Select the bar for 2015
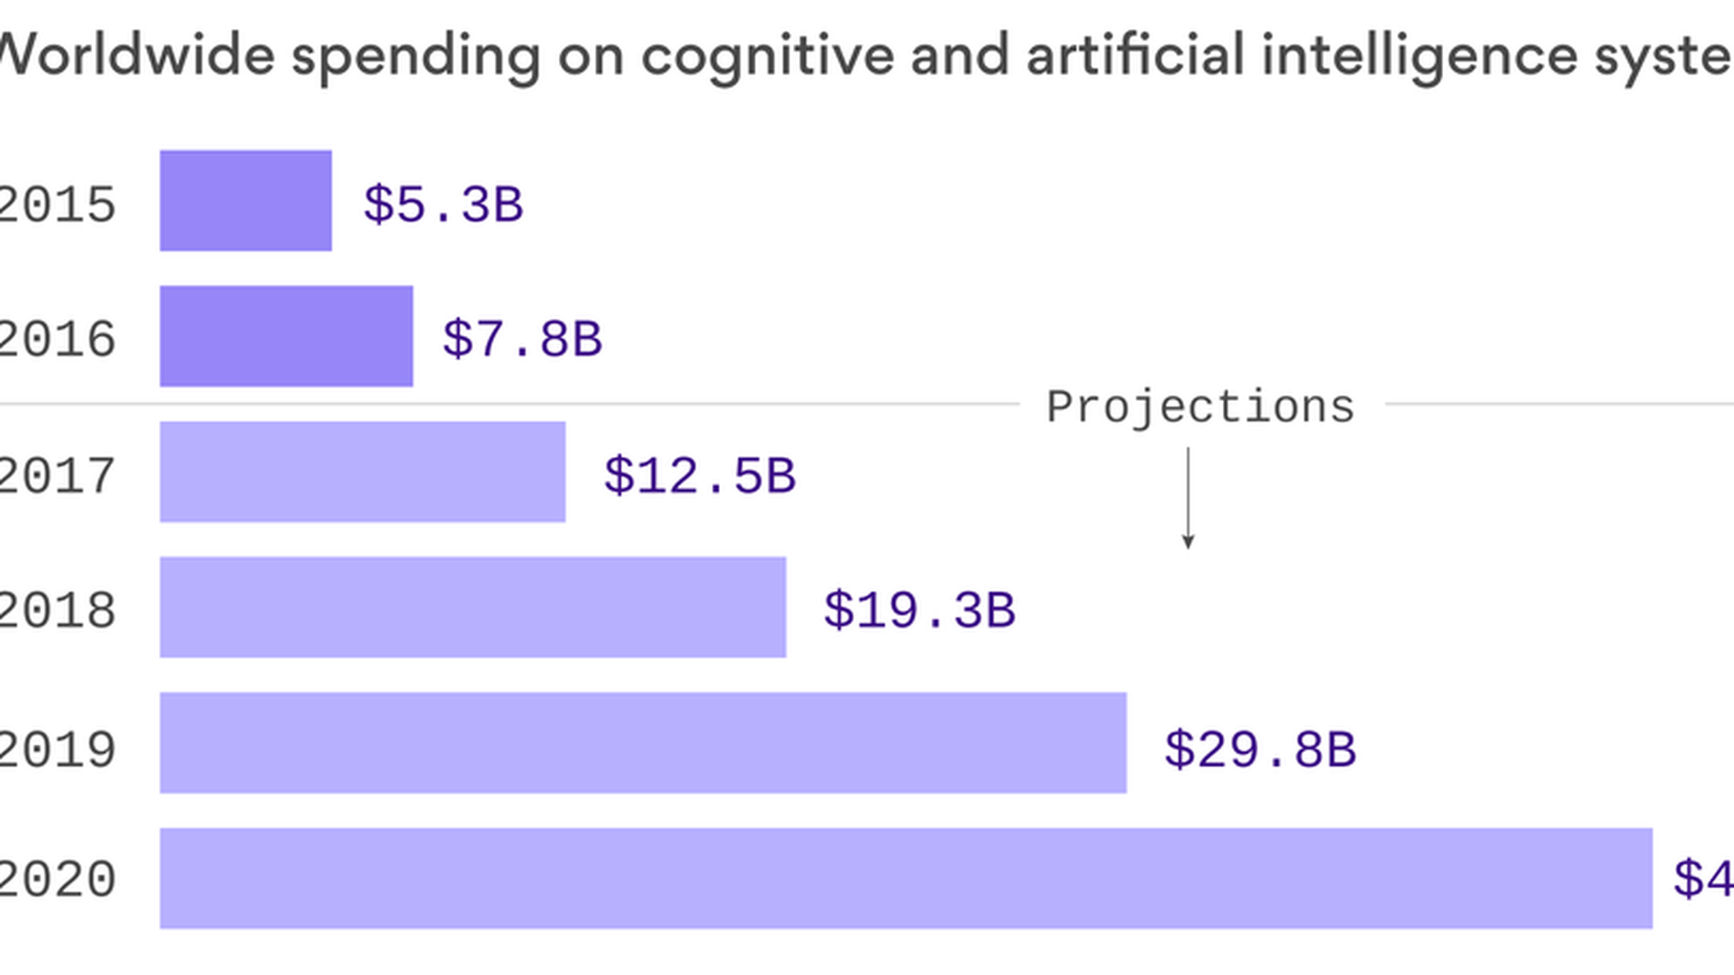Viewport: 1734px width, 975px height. pos(246,200)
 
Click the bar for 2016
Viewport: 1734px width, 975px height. pos(286,336)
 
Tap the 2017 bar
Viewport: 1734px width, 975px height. pos(362,471)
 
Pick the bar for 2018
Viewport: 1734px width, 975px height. pos(472,607)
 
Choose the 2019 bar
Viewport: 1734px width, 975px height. pos(643,742)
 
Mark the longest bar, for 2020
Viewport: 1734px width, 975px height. pos(906,877)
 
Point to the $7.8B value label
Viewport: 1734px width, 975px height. pos(522,339)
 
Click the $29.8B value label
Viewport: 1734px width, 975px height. pos(1260,749)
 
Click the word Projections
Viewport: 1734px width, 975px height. pos(1200,407)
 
